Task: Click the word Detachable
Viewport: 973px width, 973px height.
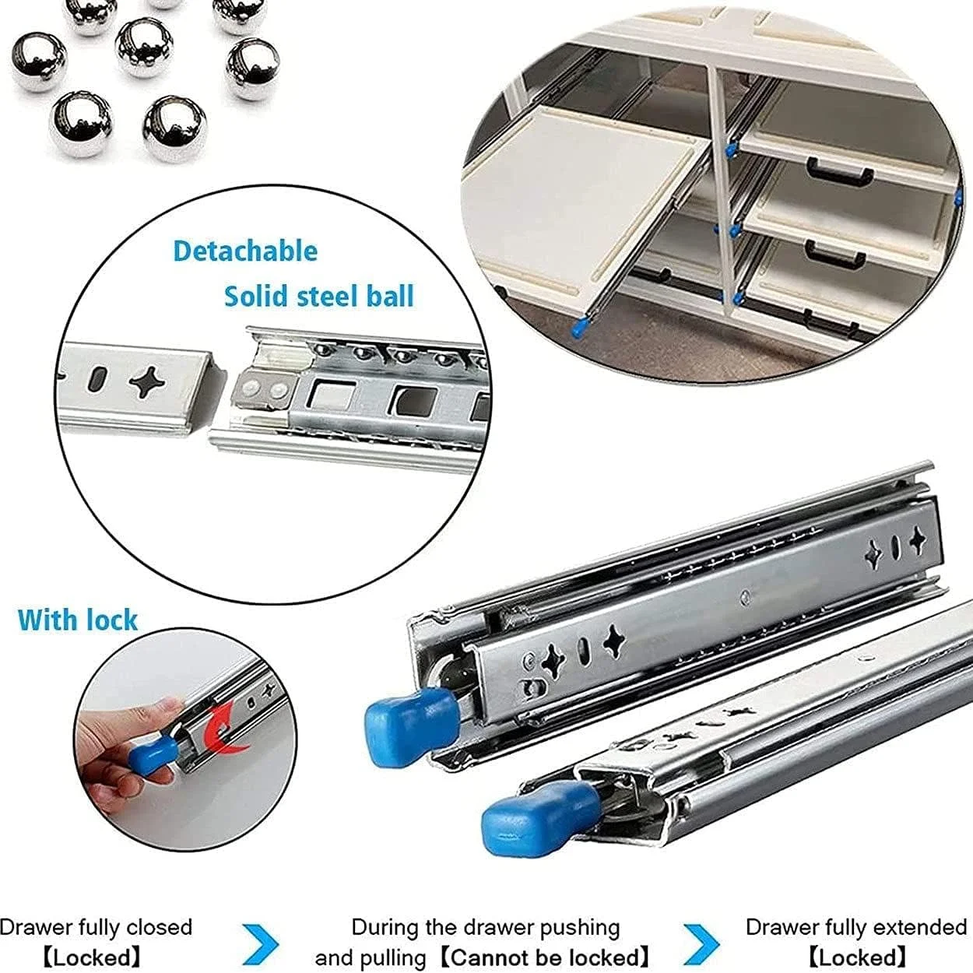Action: click(x=245, y=251)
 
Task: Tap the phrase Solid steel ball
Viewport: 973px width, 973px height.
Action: click(x=319, y=296)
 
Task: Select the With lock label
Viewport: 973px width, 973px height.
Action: click(x=78, y=620)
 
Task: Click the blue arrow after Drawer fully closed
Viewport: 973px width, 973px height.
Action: click(x=261, y=943)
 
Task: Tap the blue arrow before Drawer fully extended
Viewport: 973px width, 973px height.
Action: click(x=702, y=943)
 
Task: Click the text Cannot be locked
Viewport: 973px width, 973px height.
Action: click(x=546, y=957)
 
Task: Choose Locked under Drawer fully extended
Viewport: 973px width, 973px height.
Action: click(x=857, y=957)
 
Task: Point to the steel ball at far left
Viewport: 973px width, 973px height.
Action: click(x=39, y=62)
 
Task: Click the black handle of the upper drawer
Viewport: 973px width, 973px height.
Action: click(x=840, y=170)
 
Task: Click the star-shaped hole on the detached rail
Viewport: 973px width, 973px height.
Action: click(x=147, y=382)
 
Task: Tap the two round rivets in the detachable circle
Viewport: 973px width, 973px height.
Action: click(x=263, y=388)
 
